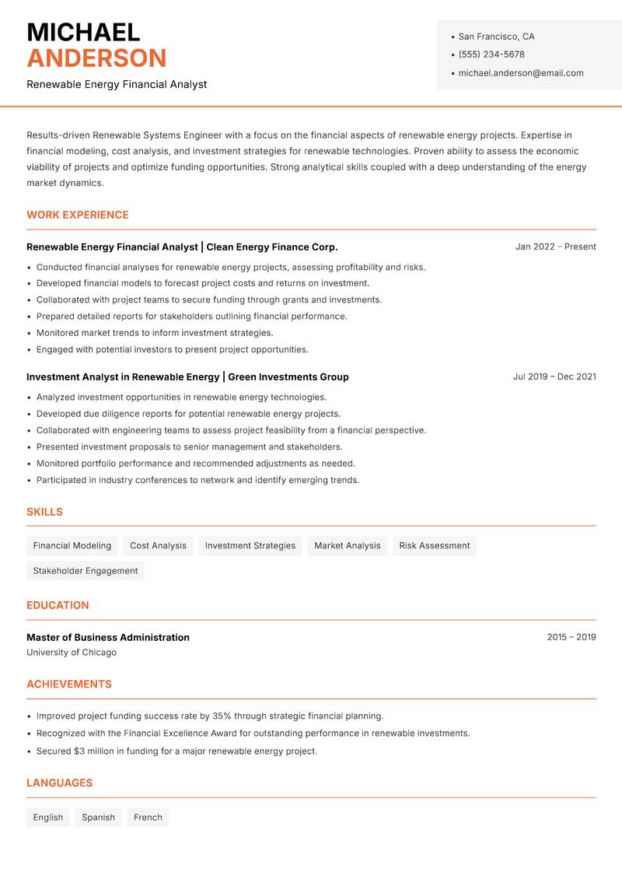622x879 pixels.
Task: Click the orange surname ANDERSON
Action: click(96, 58)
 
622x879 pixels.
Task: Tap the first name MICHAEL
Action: click(83, 32)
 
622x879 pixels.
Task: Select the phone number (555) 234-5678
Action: click(491, 54)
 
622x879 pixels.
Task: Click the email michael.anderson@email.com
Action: click(520, 73)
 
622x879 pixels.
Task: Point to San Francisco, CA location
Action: click(496, 37)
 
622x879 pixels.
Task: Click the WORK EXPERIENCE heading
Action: click(78, 215)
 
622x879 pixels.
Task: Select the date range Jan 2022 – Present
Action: click(555, 247)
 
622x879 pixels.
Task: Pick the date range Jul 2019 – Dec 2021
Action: click(554, 376)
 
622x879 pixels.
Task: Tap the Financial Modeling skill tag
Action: click(72, 545)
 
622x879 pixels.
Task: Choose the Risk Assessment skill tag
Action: click(434, 545)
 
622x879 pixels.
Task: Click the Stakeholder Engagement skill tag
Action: click(86, 571)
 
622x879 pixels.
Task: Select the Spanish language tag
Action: click(98, 818)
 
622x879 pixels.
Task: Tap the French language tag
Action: click(148, 818)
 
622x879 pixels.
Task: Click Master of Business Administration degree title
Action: click(108, 637)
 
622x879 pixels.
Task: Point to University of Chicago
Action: click(72, 653)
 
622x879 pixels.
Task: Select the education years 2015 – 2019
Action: click(571, 637)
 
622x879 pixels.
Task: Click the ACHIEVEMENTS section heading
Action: click(69, 685)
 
